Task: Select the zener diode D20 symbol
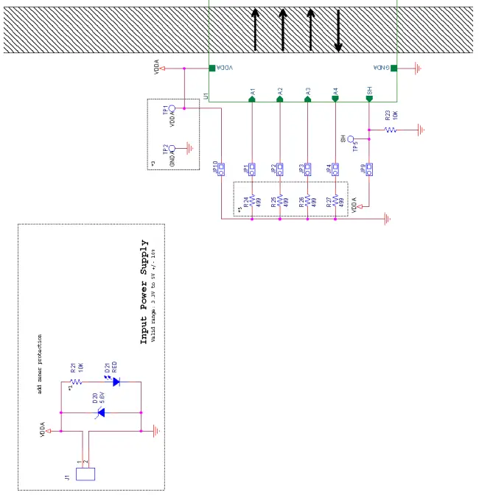101,412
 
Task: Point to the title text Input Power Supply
145,292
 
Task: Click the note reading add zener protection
40,363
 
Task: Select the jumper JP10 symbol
221,169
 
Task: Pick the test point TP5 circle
351,138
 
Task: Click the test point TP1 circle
172,109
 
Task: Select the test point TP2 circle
172,147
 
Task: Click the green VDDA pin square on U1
211,69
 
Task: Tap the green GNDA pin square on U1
394,69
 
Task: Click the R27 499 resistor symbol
336,200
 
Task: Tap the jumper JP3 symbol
307,169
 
